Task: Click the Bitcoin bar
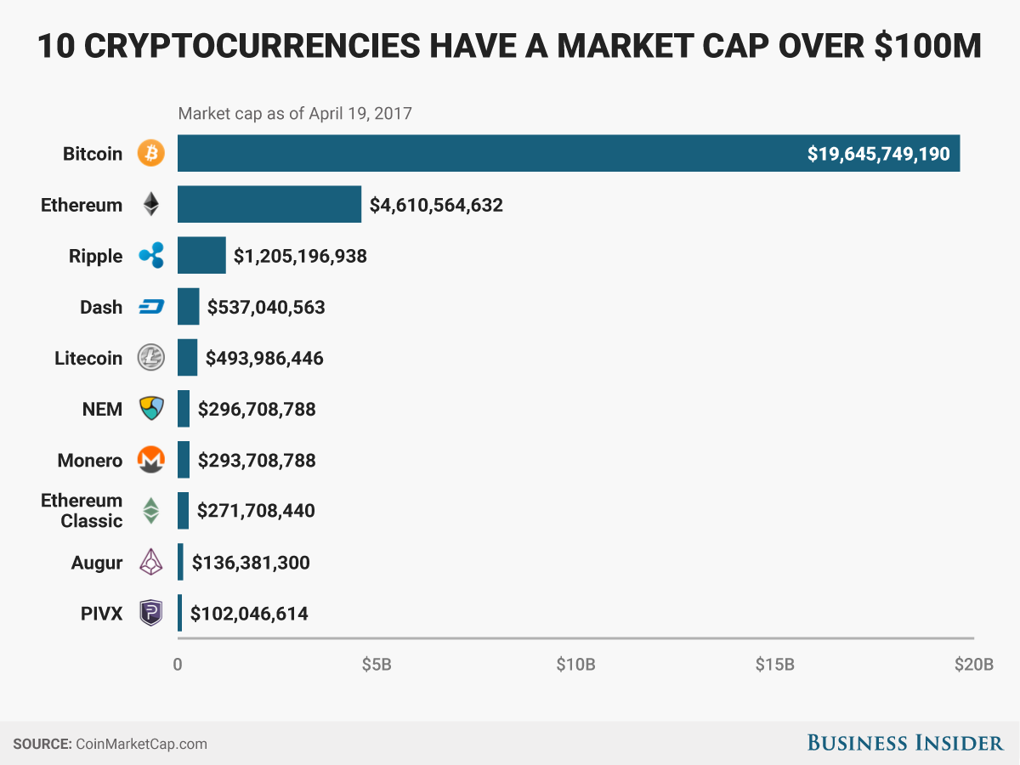tap(568, 154)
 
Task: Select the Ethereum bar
tap(269, 205)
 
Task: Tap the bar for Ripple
tap(201, 256)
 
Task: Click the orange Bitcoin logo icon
tap(151, 154)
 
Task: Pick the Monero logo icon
tap(151, 460)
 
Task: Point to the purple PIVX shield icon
tap(151, 613)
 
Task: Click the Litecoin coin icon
tap(151, 358)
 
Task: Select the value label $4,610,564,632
tap(436, 205)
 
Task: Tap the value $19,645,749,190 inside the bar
tap(880, 154)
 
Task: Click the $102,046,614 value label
tap(249, 613)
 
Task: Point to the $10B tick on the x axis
tap(575, 664)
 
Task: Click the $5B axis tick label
tap(377, 664)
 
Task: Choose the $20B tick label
tap(973, 664)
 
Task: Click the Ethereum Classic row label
tap(82, 511)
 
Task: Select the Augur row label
tap(97, 562)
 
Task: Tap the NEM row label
tap(102, 409)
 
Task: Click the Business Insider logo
tap(905, 743)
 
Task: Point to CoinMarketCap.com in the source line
tap(141, 744)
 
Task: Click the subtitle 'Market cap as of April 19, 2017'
tap(294, 113)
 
